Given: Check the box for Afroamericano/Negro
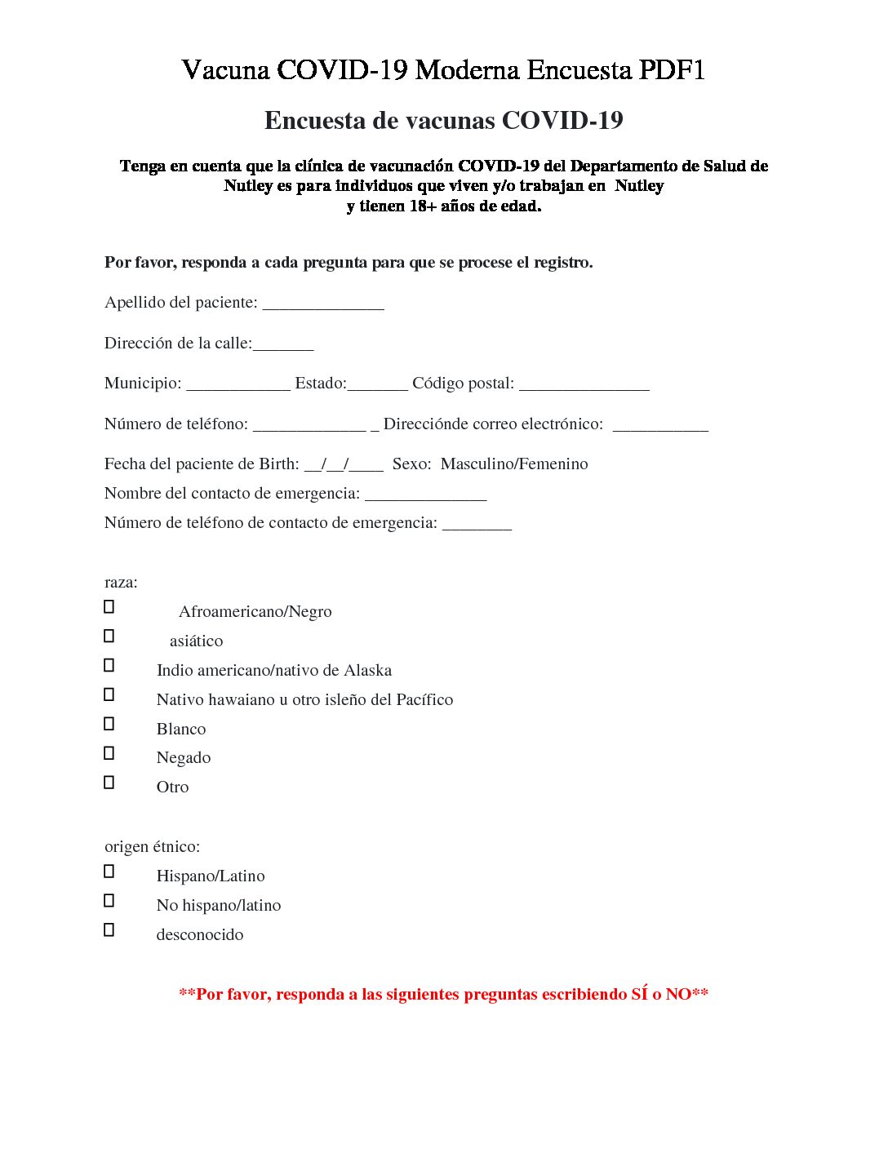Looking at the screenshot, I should click(109, 607).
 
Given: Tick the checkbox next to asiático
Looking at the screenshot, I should click(109, 637).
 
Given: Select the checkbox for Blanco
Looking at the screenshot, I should click(109, 724).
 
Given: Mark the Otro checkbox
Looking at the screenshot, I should click(109, 783).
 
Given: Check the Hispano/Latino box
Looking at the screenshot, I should click(109, 872).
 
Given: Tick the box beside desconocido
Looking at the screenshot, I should click(109, 930).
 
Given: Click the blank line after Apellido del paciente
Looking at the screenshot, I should click(323, 304).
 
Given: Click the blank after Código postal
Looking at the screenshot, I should click(584, 385).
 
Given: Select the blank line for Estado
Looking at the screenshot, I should click(377, 385).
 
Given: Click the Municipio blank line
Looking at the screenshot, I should click(238, 385).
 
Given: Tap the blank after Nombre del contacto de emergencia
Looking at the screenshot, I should click(425, 495).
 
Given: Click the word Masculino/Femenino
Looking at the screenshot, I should click(514, 464).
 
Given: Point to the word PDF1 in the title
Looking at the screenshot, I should click(672, 70).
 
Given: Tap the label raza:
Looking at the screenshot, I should click(121, 583).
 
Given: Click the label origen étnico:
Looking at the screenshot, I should click(152, 847).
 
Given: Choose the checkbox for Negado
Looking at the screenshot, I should click(109, 753).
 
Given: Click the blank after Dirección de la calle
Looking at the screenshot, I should click(283, 345).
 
